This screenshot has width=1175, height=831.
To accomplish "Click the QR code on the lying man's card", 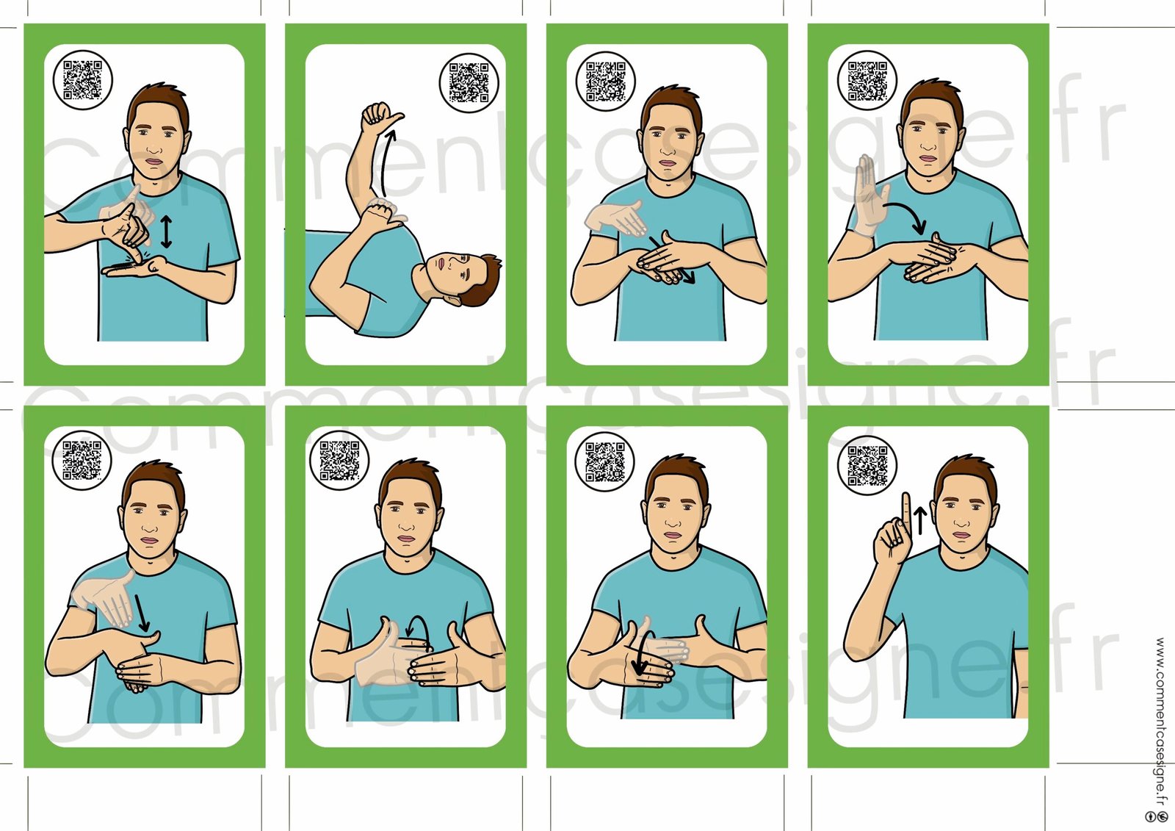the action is click(469, 82).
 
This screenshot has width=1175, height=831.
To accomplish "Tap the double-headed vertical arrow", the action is click(166, 231).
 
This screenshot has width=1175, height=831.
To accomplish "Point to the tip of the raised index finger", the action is click(905, 494).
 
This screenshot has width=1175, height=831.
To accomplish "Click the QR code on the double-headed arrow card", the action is click(82, 80).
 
